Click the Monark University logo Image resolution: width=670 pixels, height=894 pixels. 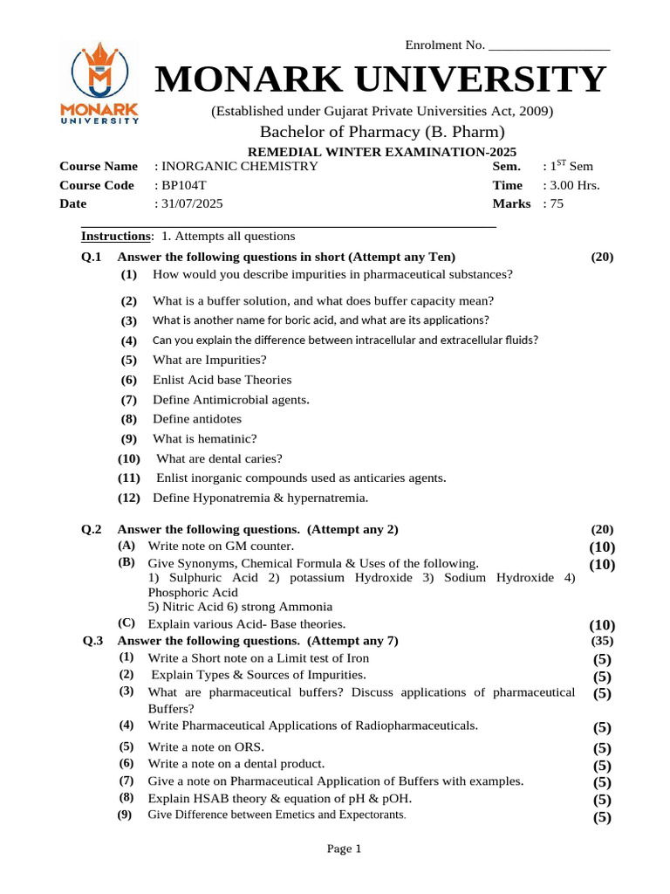99,85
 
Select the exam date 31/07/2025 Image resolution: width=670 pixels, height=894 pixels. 191,203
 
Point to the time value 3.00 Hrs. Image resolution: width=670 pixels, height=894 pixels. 574,185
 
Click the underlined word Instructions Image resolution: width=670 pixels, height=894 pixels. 115,237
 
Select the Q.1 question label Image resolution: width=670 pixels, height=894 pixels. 92,257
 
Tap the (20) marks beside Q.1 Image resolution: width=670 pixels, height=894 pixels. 602,257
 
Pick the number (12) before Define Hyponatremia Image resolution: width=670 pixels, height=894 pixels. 129,498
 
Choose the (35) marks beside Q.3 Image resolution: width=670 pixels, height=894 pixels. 603,640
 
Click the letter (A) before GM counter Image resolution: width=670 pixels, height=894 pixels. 126,545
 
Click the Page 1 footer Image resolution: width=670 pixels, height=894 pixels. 344,849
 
